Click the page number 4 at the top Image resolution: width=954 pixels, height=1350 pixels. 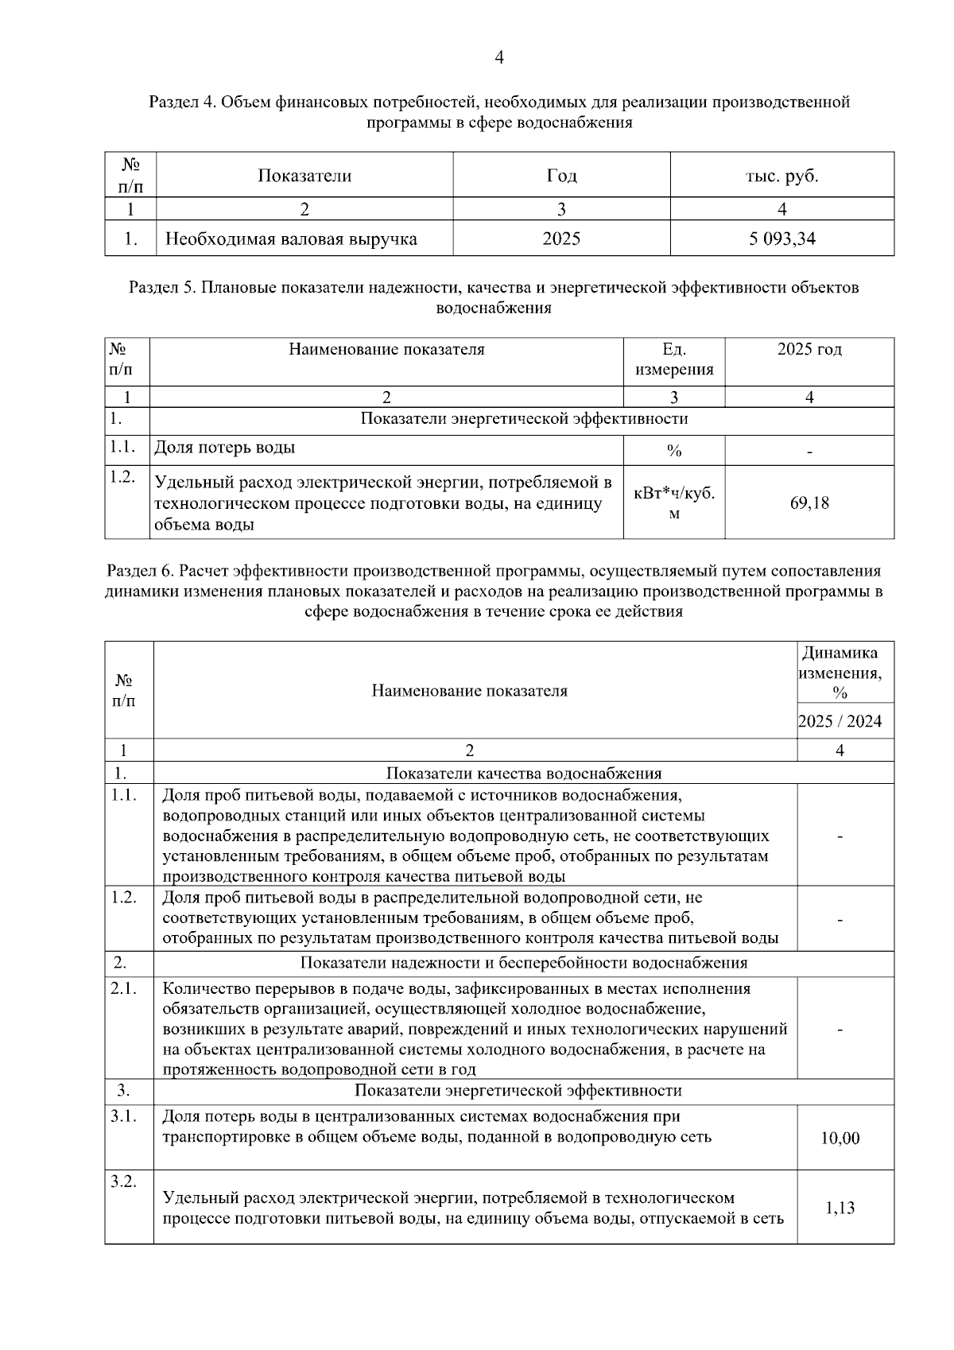point(499,58)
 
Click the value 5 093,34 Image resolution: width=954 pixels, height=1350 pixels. point(781,239)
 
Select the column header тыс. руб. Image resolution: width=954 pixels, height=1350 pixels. point(781,176)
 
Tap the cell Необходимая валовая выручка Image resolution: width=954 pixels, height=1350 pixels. point(291,239)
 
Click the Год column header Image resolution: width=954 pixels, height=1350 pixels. point(561,176)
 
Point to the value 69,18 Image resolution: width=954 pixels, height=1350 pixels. point(809,502)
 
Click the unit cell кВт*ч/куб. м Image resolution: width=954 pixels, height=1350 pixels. point(673,503)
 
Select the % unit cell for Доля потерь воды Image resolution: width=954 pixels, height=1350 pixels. point(673,451)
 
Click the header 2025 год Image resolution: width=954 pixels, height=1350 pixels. point(809,350)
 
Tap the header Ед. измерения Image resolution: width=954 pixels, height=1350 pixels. point(674,359)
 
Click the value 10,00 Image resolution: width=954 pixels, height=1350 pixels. point(840,1139)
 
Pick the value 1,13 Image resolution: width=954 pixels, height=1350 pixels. point(840,1208)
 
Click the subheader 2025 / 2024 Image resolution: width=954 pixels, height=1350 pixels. point(840,721)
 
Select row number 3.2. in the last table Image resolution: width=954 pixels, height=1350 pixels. point(123,1182)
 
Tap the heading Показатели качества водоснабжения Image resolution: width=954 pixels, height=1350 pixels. point(523,774)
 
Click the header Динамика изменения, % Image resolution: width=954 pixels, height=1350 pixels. point(840,673)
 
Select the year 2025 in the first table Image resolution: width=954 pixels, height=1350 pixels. point(561,239)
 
